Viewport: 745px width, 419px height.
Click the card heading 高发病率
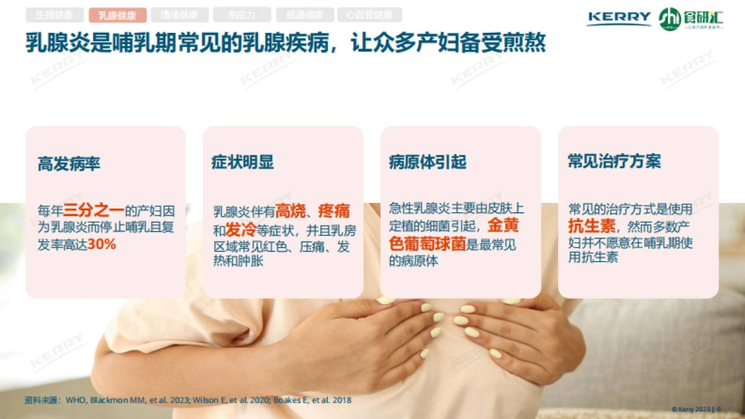69,164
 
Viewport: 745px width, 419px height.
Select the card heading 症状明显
243,162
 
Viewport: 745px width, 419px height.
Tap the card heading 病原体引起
428,162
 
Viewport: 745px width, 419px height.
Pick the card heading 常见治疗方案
614,161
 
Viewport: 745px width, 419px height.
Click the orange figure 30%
102,244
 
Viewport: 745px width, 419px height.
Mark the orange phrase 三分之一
94,210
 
